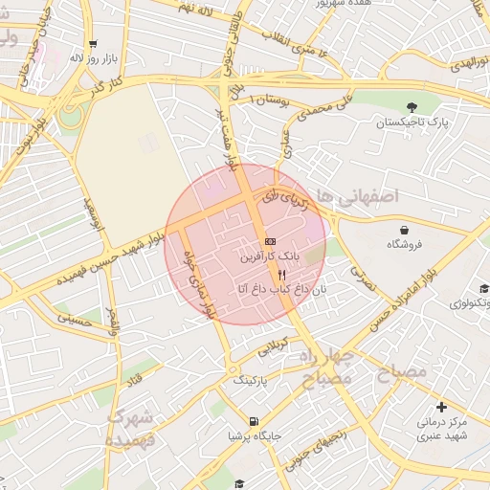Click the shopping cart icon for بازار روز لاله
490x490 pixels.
click(93, 43)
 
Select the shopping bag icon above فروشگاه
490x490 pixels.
click(405, 230)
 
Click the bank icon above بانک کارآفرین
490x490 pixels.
click(271, 241)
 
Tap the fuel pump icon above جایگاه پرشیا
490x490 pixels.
click(254, 421)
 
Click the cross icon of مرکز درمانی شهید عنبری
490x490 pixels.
click(441, 407)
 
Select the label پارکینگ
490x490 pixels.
click(253, 380)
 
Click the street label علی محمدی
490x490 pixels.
click(317, 106)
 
